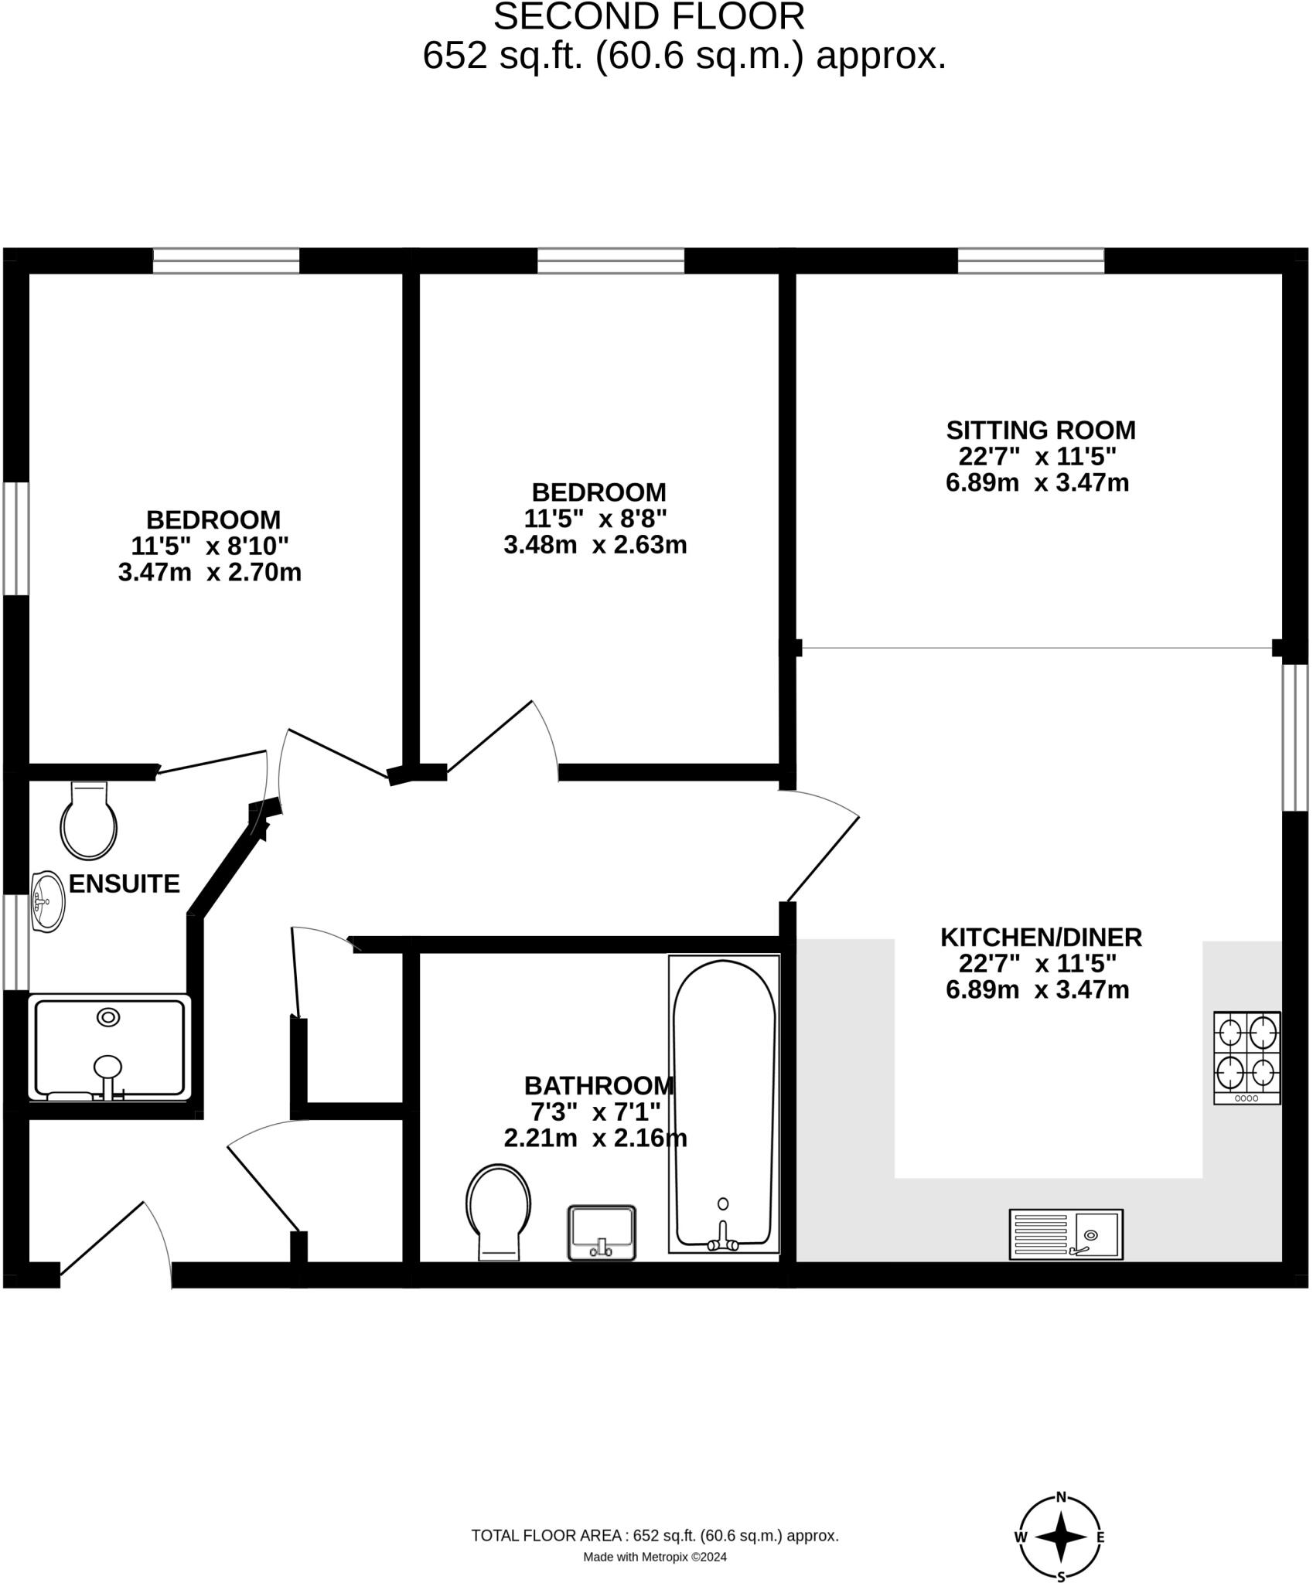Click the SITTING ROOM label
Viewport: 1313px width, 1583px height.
pyautogui.click(x=1040, y=430)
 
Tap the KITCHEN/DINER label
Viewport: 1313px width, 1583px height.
pyautogui.click(x=1041, y=937)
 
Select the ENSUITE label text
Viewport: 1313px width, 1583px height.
pyautogui.click(x=124, y=883)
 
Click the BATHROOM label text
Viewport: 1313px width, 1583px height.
pyautogui.click(x=599, y=1085)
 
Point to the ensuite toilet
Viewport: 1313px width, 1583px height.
pyautogui.click(x=89, y=822)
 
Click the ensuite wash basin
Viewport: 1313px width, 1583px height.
pyautogui.click(x=46, y=902)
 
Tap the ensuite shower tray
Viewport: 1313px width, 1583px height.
pyautogui.click(x=108, y=1048)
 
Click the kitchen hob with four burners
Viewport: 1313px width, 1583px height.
pyautogui.click(x=1246, y=1057)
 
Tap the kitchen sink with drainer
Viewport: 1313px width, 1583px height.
pyautogui.click(x=1066, y=1234)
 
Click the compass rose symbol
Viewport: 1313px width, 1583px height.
pyautogui.click(x=1061, y=1537)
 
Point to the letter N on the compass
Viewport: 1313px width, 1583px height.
pyautogui.click(x=1062, y=1496)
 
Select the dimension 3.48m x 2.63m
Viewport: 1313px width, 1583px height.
pyautogui.click(x=595, y=545)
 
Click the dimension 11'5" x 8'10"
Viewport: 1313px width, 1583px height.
pyautogui.click(x=210, y=546)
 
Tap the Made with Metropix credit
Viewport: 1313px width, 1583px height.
pyautogui.click(x=654, y=1557)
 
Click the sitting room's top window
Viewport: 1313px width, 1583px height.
pyautogui.click(x=1031, y=260)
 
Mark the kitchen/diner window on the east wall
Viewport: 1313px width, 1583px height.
pyautogui.click(x=1294, y=737)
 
